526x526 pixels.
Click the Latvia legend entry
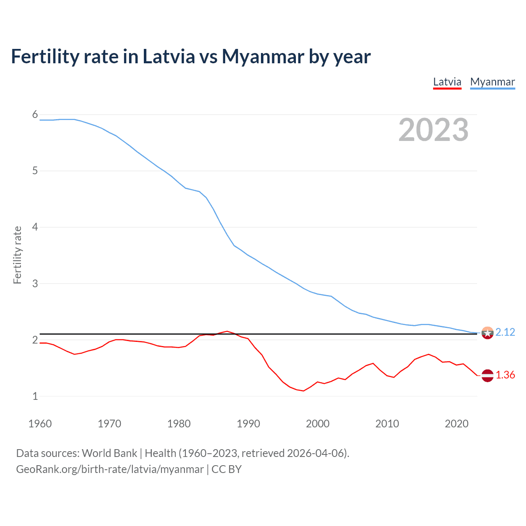(447, 82)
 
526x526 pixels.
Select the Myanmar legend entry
(492, 82)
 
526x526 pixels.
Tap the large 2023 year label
(433, 130)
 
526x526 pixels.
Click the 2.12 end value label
(505, 332)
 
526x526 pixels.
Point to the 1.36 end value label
(505, 375)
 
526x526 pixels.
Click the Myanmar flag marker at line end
(487, 332)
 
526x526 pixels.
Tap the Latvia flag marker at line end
(487, 375)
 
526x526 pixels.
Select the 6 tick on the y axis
(35, 115)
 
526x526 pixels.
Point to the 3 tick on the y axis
(35, 284)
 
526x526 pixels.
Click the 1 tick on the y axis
(35, 396)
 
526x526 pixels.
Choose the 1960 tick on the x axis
(40, 424)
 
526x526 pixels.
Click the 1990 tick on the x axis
(248, 424)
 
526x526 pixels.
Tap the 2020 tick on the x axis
(457, 424)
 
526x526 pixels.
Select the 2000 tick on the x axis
(318, 424)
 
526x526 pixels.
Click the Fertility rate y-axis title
(17, 255)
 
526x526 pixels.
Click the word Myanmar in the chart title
(263, 56)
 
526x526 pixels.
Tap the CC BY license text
(226, 469)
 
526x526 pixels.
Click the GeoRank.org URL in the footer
(110, 469)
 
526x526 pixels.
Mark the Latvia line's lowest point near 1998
(303, 391)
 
